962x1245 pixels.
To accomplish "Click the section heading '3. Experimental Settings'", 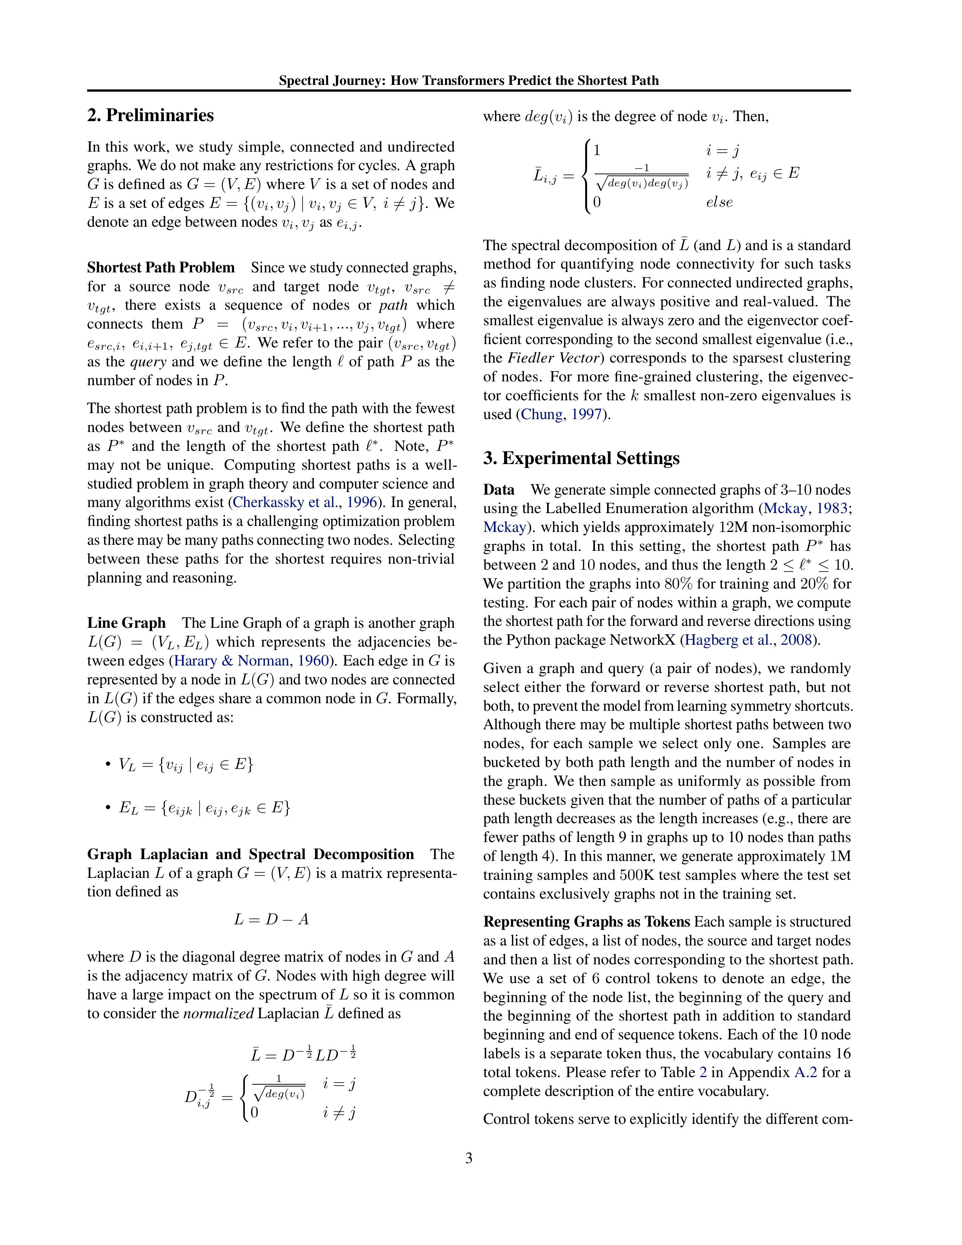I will [x=581, y=458].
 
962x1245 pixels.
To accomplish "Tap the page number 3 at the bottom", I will [x=469, y=1158].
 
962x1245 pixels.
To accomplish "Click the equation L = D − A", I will [x=271, y=919].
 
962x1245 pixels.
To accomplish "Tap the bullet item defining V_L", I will [x=184, y=764].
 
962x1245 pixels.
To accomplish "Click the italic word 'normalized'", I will [x=218, y=1014].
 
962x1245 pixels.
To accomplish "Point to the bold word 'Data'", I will [x=499, y=490].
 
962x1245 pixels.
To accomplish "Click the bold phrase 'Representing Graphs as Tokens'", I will [x=586, y=922].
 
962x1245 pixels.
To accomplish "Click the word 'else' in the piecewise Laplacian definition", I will [x=719, y=202].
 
